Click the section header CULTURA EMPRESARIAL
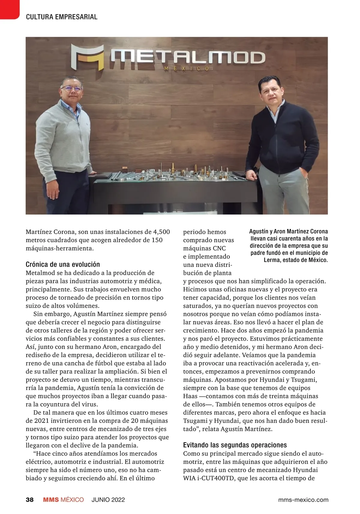(x=61, y=17)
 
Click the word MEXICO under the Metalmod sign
(x=186, y=69)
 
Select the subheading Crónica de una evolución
(x=63, y=264)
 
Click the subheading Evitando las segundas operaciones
(x=235, y=445)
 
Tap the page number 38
(x=30, y=500)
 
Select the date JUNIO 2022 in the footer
(x=108, y=500)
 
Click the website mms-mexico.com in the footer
(x=303, y=500)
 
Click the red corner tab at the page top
(x=9, y=9)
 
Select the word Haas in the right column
(x=190, y=396)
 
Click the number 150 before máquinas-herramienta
(x=157, y=240)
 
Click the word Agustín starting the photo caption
(x=259, y=231)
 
